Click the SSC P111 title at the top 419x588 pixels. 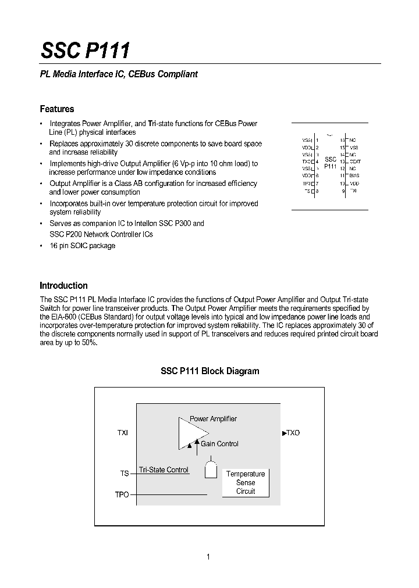point(85,51)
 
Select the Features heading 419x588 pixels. point(56,109)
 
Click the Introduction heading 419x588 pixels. point(63,285)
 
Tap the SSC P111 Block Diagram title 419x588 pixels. point(210,371)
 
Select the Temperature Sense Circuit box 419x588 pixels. point(245,482)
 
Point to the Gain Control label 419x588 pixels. point(219,444)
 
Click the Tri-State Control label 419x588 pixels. point(164,469)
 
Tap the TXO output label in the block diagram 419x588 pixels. point(292,433)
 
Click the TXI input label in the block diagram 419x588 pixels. point(122,433)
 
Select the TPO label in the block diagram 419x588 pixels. point(122,494)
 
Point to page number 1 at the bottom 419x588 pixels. point(208,557)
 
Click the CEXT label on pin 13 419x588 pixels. point(355,162)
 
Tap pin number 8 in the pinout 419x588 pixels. point(317,191)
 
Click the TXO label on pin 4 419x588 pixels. point(307,162)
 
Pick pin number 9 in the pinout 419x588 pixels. point(343,191)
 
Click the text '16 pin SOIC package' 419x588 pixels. point(82,246)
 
